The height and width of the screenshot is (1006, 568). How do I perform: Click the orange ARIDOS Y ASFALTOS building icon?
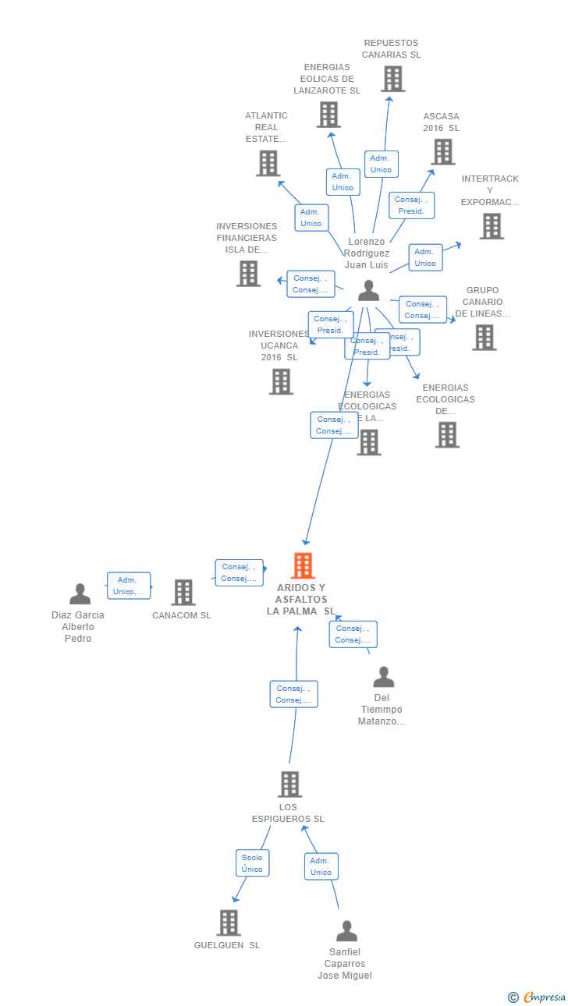click(303, 565)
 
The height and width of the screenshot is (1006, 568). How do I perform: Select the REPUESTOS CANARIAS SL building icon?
click(392, 79)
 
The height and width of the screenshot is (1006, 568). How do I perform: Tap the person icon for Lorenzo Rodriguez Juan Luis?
click(368, 291)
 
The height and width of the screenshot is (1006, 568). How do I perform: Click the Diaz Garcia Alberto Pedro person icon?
click(80, 594)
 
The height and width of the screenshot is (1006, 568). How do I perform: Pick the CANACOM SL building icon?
click(183, 593)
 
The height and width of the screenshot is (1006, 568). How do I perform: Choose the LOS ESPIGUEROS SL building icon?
click(289, 784)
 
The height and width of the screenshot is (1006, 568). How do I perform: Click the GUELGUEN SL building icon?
click(228, 923)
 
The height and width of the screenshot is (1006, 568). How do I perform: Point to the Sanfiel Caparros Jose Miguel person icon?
click(346, 931)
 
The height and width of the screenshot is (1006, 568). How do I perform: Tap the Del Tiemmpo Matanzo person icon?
click(383, 677)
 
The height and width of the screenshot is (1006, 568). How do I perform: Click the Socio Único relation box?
click(252, 863)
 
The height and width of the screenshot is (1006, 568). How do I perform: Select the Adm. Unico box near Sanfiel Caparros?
click(321, 866)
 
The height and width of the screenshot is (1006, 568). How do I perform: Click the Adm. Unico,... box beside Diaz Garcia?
click(129, 586)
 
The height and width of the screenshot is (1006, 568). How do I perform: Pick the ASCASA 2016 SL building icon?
click(442, 152)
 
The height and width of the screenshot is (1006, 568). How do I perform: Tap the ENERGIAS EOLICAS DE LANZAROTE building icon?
click(328, 115)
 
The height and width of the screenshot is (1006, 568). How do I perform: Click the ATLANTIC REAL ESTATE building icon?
click(268, 163)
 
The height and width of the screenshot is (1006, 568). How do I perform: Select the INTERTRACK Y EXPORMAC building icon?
click(491, 226)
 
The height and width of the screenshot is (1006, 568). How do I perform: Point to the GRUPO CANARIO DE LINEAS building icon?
click(484, 338)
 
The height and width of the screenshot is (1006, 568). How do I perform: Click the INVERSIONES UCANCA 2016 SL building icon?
click(281, 381)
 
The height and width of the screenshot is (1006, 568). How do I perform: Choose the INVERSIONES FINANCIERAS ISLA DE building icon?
click(248, 274)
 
